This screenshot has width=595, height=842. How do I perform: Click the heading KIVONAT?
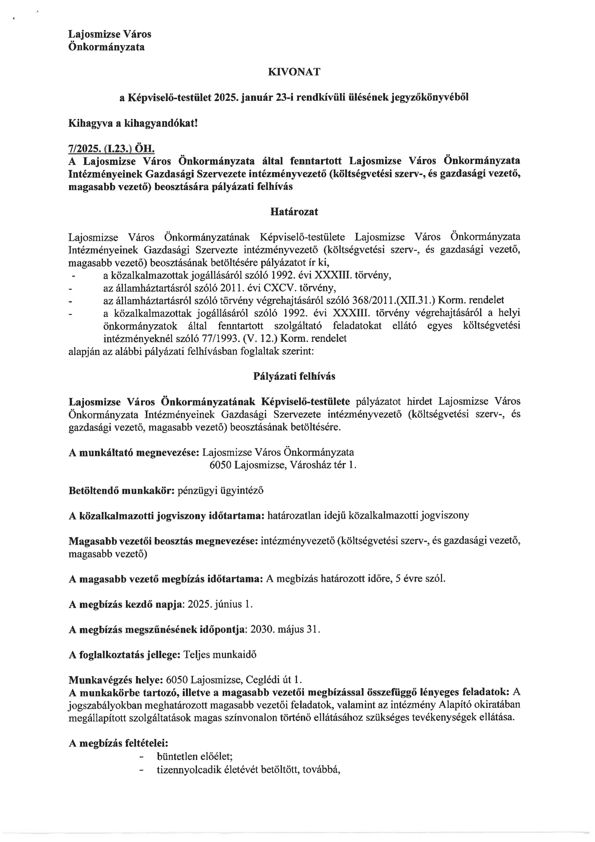294,72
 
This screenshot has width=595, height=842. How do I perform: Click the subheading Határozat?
294,212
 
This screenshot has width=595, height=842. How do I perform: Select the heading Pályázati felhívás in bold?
294,377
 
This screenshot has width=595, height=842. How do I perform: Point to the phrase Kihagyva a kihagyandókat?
133,123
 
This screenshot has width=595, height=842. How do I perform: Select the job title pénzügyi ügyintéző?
220,491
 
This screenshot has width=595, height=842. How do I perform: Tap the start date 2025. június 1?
220,604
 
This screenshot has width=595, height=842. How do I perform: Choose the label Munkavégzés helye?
116,679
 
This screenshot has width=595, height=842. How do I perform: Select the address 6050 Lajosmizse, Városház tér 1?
283,465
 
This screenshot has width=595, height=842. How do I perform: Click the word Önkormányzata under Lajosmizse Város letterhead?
107,47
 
